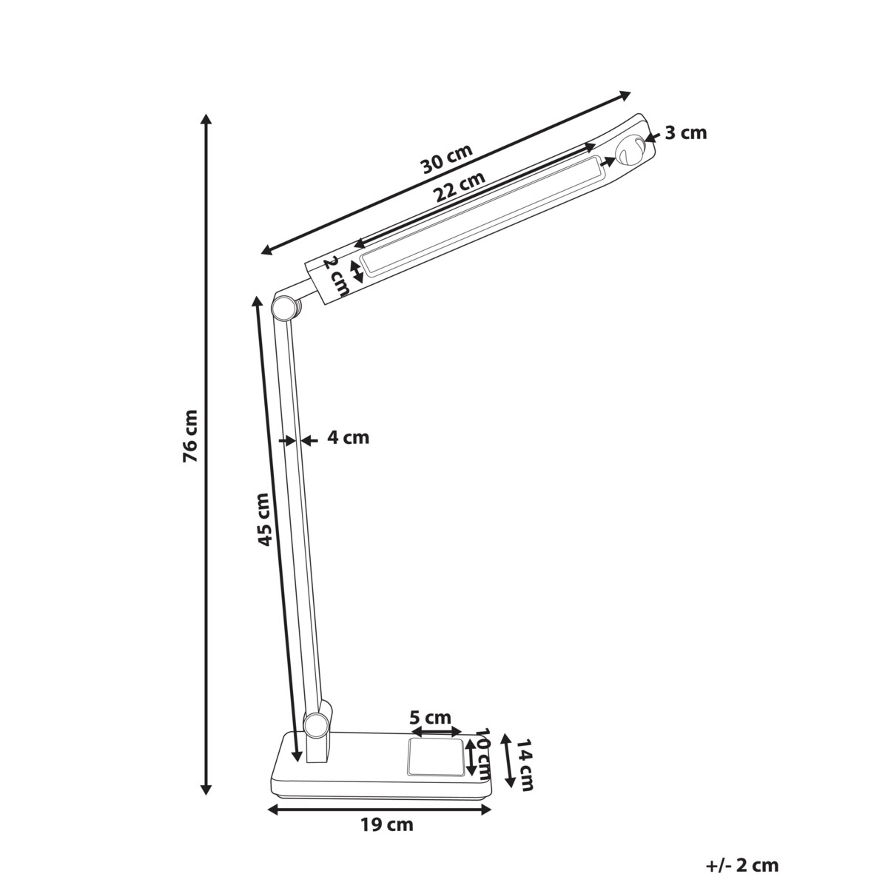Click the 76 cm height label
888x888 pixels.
tap(190, 435)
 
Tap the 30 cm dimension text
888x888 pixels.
tap(448, 158)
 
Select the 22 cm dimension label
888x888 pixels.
tap(460, 186)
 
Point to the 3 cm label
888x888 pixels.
tap(686, 133)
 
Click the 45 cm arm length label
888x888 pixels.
tap(263, 519)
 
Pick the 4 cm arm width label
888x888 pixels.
tap(349, 437)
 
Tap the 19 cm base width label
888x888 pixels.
tap(386, 825)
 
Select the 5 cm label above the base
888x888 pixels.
tap(431, 718)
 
